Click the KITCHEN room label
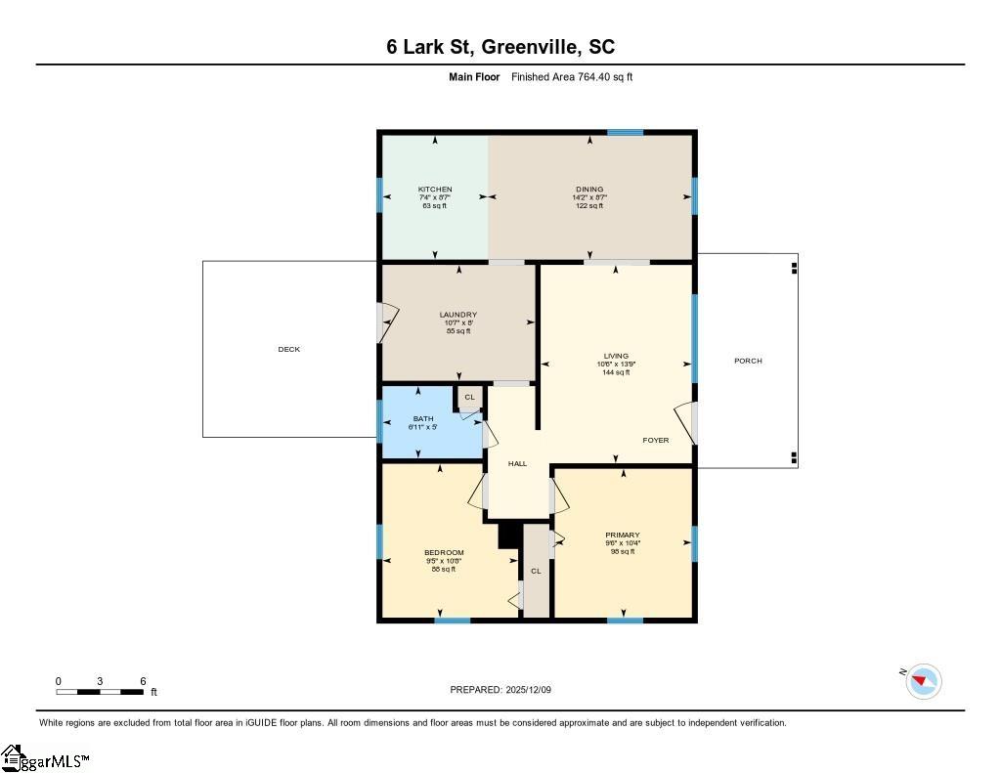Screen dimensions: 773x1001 pos(435,190)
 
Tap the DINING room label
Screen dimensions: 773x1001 pos(589,190)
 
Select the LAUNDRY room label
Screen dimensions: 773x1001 pos(458,315)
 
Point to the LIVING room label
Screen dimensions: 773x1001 pos(616,356)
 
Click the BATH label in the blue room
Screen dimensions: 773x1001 pos(422,418)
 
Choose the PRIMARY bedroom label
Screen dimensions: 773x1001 pos(623,535)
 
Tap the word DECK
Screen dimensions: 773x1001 pos(289,349)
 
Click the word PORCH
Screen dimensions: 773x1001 pos(748,361)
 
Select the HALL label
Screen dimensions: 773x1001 pos(517,463)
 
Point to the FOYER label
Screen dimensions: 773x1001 pos(656,440)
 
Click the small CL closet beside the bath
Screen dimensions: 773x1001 pos(469,397)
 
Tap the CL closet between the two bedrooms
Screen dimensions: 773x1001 pos(536,571)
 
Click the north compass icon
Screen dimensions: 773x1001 pos(923,681)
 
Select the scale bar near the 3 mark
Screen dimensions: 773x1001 pos(100,692)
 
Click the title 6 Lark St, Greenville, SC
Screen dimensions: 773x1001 pos(500,47)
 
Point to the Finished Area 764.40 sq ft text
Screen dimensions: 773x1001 pos(572,77)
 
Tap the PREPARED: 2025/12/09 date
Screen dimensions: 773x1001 pos(500,690)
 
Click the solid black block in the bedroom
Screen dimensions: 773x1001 pos(508,535)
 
